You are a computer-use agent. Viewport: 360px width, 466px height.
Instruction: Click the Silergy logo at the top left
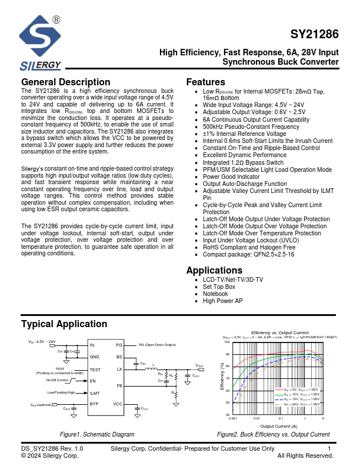tap(39, 43)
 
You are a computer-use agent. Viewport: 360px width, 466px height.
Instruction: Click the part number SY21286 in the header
tap(314, 35)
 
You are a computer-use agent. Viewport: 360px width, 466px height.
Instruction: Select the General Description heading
tap(65, 82)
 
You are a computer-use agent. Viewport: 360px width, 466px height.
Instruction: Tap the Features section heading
tap(205, 82)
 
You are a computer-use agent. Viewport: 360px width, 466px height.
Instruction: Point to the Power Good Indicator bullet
tap(231, 177)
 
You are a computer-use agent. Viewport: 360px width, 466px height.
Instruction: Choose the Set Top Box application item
tap(219, 287)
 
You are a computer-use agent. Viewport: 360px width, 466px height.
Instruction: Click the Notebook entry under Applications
tap(215, 294)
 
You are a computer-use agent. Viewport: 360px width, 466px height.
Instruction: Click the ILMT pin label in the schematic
tap(95, 392)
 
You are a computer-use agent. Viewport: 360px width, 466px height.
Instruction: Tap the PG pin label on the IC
tap(119, 345)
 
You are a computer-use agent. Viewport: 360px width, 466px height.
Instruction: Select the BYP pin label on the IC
tap(94, 404)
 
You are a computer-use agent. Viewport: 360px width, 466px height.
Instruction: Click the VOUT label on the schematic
tap(199, 365)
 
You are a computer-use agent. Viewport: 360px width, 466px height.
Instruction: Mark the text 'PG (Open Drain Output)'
tap(157, 345)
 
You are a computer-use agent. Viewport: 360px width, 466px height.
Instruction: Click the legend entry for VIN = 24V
tap(301, 404)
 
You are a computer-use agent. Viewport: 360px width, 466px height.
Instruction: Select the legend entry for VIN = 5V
tap(301, 390)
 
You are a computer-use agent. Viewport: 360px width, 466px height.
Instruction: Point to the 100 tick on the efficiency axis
tap(227, 342)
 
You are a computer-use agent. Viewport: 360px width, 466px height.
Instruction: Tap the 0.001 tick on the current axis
tap(233, 418)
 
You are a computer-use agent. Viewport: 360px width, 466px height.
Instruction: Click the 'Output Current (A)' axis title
tap(278, 426)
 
